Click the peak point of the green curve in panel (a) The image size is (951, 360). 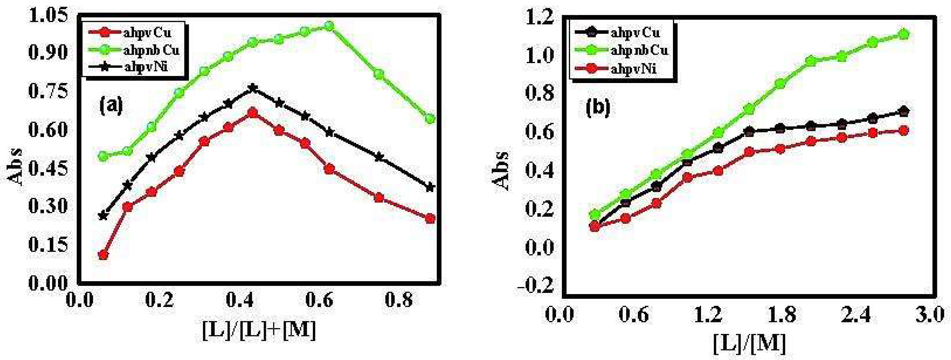(329, 26)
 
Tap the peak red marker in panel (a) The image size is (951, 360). (253, 113)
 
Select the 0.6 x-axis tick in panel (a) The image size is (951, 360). (319, 300)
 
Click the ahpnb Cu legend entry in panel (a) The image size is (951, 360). (151, 49)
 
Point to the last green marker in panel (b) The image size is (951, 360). (903, 34)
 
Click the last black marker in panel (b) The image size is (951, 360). (903, 111)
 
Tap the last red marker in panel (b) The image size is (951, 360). (903, 131)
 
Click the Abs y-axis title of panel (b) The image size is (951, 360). (501, 170)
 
